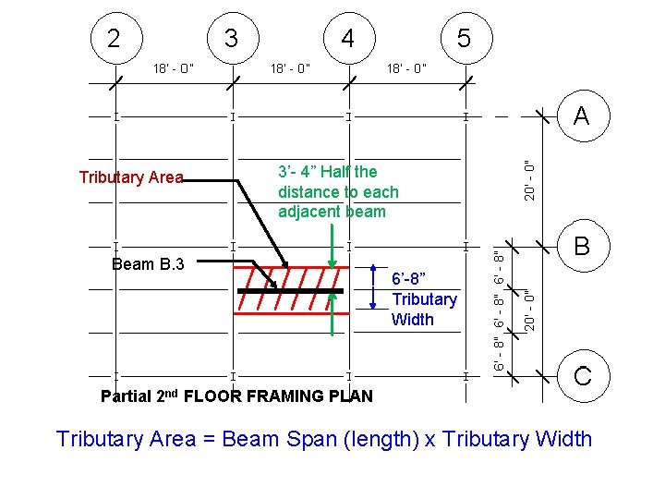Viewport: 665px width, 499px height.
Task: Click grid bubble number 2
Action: [114, 40]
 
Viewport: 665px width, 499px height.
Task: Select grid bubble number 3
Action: [232, 40]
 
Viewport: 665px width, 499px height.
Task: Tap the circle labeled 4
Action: [347, 40]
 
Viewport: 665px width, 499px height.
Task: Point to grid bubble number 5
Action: [465, 40]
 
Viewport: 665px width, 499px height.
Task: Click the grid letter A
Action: [581, 116]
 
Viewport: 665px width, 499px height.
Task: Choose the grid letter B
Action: [581, 246]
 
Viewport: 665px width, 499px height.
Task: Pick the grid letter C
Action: [582, 376]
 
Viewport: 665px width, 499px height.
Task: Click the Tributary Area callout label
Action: [131, 177]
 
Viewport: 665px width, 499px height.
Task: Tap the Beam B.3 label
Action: [148, 264]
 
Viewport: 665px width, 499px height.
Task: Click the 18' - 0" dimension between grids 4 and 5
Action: [406, 67]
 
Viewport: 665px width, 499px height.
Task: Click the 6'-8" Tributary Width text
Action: [424, 299]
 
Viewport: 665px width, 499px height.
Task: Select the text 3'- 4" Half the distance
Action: [338, 191]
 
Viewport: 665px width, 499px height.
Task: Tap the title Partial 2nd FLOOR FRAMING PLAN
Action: [236, 396]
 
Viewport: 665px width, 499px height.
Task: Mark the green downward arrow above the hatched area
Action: [332, 245]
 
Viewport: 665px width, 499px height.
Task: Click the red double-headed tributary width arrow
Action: [372, 287]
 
